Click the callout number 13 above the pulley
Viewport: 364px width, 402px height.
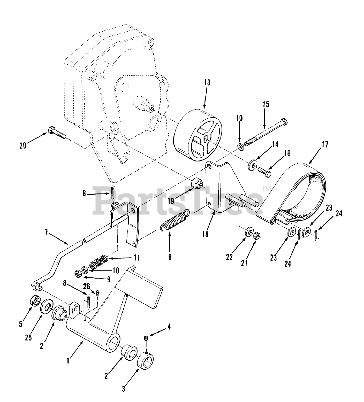coord(207,83)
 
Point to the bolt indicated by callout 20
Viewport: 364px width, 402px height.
coord(57,133)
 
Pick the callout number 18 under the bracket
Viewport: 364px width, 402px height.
coord(205,234)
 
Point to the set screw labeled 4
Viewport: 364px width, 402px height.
coord(146,338)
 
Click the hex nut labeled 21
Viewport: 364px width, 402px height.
coord(256,236)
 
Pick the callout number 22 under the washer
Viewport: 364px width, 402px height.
coord(229,257)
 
